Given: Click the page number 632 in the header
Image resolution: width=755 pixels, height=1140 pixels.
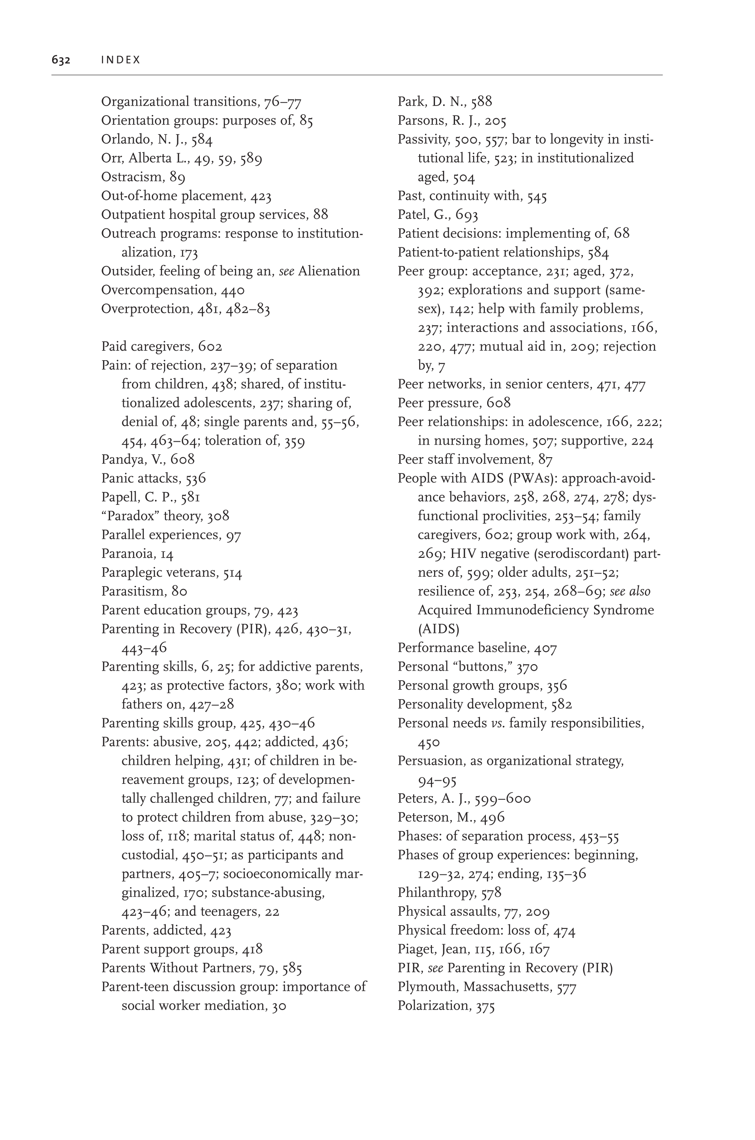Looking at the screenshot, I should (61, 60).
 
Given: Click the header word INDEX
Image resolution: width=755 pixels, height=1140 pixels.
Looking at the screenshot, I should (121, 60).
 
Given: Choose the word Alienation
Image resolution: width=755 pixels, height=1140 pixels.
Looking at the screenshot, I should (329, 271).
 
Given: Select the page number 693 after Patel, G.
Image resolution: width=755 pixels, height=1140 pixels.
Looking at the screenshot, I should (467, 215).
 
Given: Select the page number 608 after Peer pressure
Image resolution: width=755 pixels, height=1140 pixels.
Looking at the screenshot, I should (498, 403).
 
